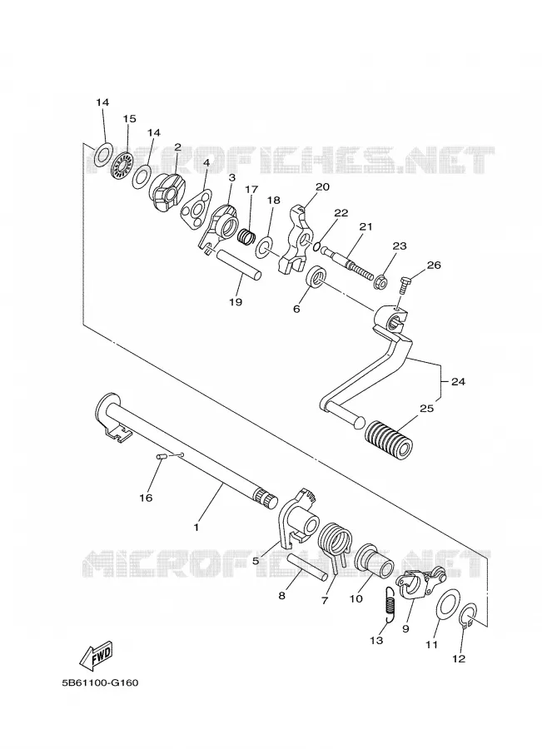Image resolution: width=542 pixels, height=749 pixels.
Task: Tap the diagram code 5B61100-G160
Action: click(100, 682)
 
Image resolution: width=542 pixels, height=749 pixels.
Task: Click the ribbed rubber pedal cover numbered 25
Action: click(388, 438)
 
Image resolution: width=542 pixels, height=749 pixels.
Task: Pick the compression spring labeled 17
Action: click(246, 236)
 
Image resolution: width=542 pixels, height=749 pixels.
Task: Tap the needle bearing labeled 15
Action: click(123, 163)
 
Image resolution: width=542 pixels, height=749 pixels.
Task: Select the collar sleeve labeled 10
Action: click(375, 560)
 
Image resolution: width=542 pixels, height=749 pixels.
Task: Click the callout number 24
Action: click(457, 382)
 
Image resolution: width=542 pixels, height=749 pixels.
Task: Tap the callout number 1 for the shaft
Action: click(196, 528)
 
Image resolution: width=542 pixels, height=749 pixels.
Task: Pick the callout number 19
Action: click(236, 302)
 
